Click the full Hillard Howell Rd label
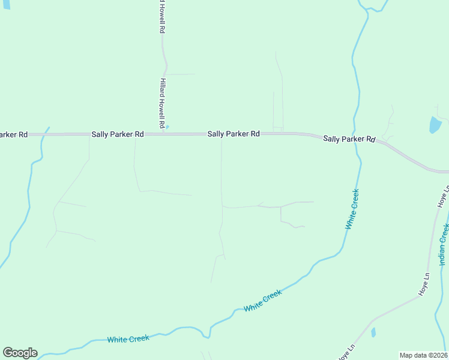[162, 103]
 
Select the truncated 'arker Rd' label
[14, 134]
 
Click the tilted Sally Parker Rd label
[349, 139]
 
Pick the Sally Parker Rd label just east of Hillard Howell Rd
[234, 134]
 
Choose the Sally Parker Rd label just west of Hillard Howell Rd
[118, 134]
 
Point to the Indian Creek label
[443, 244]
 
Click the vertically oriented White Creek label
[352, 209]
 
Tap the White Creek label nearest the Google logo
[128, 339]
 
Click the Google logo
[20, 353]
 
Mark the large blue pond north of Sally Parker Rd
[435, 125]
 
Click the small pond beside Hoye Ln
[373, 332]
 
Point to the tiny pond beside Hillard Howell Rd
[167, 127]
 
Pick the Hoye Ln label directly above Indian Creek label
[444, 197]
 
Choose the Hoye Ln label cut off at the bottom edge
[344, 353]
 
